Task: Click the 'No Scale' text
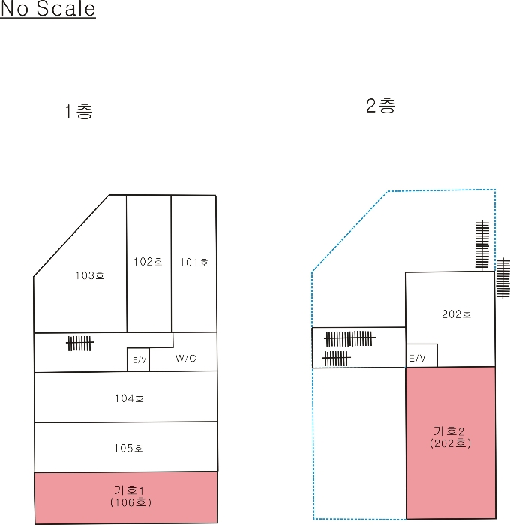[x=48, y=8]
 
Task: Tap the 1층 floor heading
[x=79, y=111]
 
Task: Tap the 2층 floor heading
[x=381, y=106]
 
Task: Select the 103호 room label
[x=90, y=275]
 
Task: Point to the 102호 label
[x=148, y=262]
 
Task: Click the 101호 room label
[x=194, y=262]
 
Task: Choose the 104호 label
[x=129, y=398]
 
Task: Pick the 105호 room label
[x=128, y=448]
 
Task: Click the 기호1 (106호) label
[x=130, y=496]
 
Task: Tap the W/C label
[x=186, y=358]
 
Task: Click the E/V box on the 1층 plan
[x=138, y=359]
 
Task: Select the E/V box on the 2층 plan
[x=421, y=355]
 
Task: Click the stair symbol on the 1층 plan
[x=80, y=343]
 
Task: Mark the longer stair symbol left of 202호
[x=349, y=338]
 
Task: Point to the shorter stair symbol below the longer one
[x=337, y=358]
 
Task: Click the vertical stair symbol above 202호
[x=482, y=245]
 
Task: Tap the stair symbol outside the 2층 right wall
[x=503, y=277]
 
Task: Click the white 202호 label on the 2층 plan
[x=457, y=314]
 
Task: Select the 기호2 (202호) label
[x=451, y=437]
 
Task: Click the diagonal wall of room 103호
[x=71, y=235]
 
